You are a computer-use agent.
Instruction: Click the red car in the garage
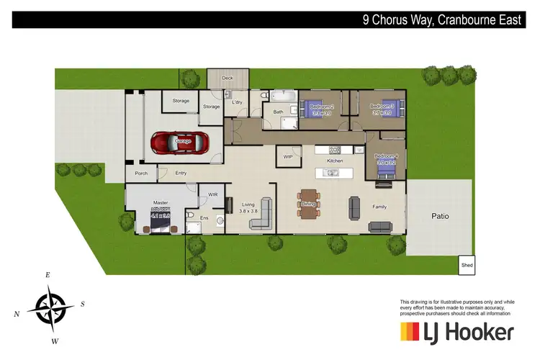tap(179, 143)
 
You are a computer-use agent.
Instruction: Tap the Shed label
tap(467, 266)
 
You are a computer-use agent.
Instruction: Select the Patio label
tap(440, 215)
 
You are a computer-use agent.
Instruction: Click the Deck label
tap(228, 78)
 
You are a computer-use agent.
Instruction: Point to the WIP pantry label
tap(288, 156)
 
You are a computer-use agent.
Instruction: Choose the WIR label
tap(212, 194)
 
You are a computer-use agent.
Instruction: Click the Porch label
tap(141, 173)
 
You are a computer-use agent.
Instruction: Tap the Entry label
tap(180, 173)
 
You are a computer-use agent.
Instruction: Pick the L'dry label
tap(238, 102)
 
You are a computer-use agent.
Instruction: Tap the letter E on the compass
tap(48, 275)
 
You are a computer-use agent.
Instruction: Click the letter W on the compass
tap(55, 340)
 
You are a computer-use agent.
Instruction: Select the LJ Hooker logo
tap(456, 332)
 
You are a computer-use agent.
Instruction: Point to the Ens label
tap(204, 217)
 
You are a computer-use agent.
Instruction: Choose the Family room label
tap(379, 207)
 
